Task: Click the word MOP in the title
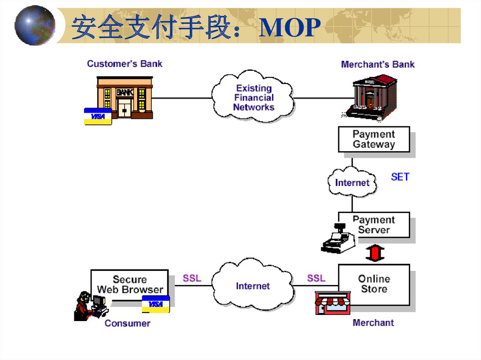[290, 28]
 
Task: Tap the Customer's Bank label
[124, 64]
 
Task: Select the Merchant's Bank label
[378, 64]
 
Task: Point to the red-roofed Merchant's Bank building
[372, 97]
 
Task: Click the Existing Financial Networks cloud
[254, 98]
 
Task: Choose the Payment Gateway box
[374, 139]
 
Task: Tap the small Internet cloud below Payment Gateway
[352, 182]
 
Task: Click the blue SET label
[400, 177]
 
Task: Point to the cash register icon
[338, 239]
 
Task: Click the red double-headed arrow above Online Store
[375, 253]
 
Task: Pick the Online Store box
[374, 283]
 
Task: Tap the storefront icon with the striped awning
[333, 303]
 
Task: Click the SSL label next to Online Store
[316, 278]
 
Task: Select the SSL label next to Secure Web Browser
[192, 278]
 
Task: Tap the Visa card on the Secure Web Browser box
[155, 305]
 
